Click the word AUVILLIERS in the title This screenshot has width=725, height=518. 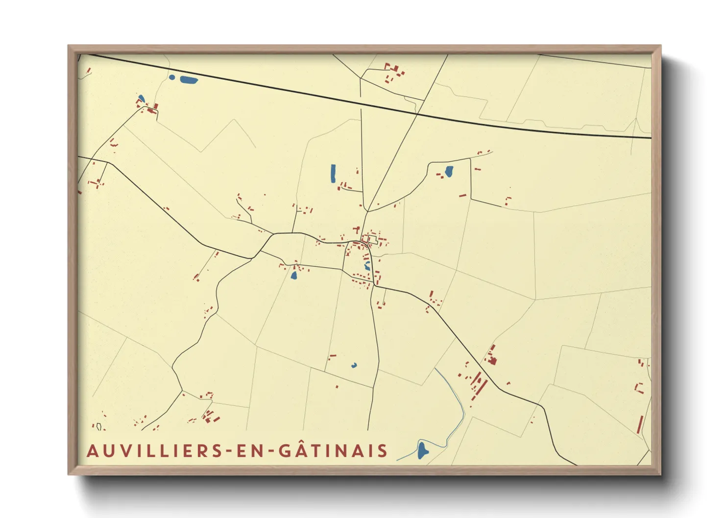tap(155, 450)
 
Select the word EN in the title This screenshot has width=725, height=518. tap(250, 450)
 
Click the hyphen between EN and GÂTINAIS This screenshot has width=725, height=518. tap(271, 451)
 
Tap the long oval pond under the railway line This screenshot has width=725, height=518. tap(189, 80)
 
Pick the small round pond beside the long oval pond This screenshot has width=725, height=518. tap(172, 77)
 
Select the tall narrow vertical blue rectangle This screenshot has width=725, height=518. tap(333, 174)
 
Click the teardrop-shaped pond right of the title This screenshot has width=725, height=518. tap(422, 450)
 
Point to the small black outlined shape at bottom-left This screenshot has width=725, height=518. tap(99, 427)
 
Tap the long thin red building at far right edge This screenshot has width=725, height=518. tap(640, 424)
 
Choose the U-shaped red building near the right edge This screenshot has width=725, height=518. tap(639, 388)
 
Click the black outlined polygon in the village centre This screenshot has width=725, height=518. tap(372, 240)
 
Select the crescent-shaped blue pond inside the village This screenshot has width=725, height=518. tap(367, 266)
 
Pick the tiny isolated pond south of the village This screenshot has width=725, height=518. tap(354, 365)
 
